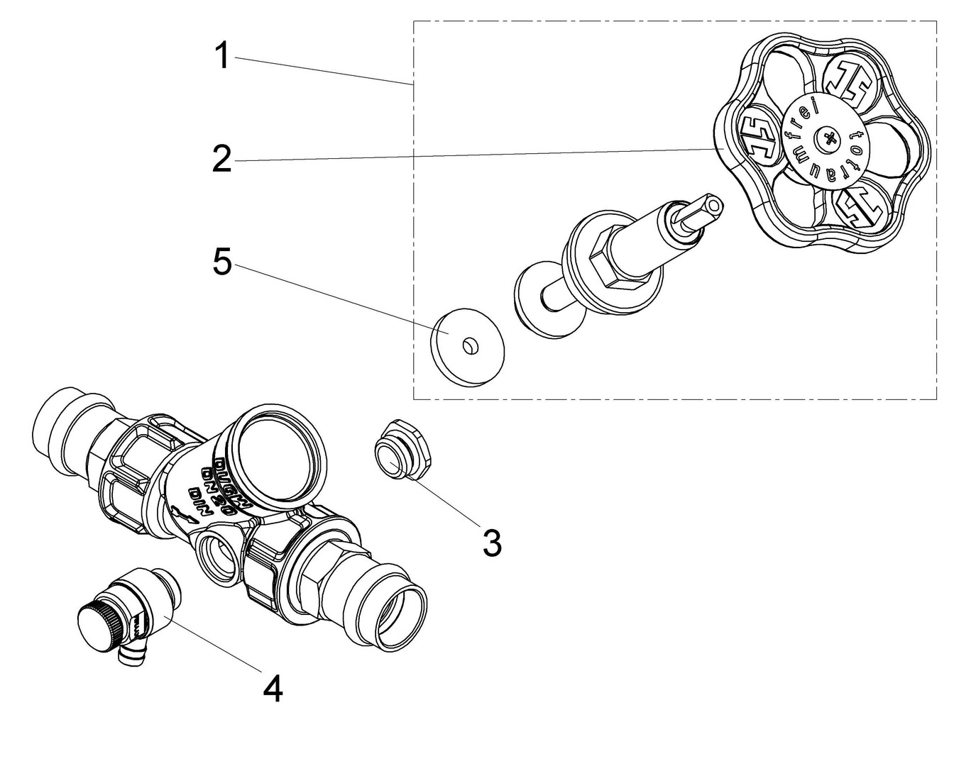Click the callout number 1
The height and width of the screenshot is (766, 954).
coord(223,55)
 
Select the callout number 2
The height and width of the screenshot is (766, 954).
coord(222,160)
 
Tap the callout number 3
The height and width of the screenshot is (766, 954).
coord(491,543)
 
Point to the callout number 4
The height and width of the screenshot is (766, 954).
coord(273,687)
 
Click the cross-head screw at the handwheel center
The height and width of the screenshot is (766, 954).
coord(828,138)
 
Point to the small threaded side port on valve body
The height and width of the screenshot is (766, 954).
coord(216,549)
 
